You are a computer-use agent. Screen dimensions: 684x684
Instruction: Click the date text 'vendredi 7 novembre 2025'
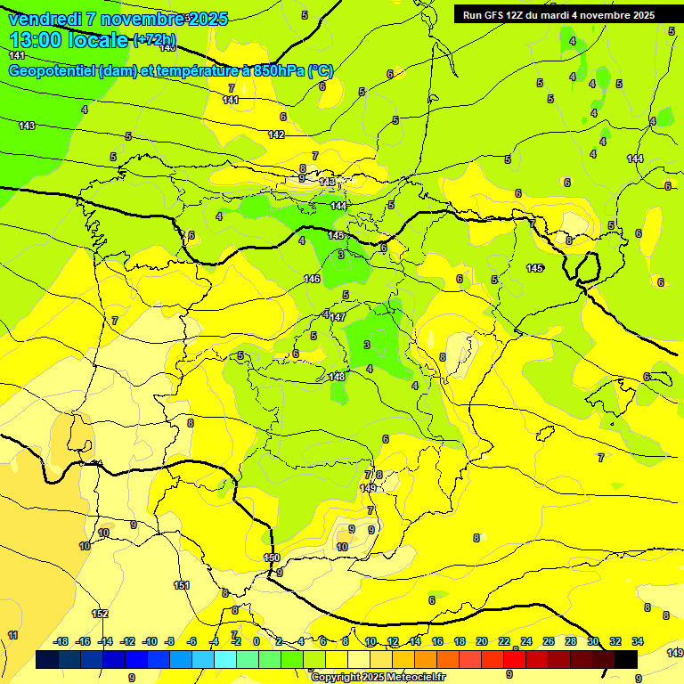point(118,19)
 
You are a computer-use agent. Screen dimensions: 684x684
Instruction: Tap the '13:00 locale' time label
point(69,39)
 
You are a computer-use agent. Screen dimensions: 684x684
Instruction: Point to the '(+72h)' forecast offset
point(154,39)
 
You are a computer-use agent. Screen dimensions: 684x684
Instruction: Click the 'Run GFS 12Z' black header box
point(558,14)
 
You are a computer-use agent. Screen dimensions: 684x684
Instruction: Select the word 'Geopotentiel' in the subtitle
point(53,71)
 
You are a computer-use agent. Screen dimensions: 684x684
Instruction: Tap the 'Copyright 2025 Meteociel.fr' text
point(378,677)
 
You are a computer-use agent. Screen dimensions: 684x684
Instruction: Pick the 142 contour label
point(276,134)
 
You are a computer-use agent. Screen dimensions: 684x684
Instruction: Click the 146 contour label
point(312,279)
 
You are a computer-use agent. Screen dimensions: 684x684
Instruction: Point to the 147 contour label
point(338,317)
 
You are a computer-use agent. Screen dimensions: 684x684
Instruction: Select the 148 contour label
point(336,377)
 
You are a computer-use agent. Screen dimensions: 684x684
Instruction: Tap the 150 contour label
point(273,558)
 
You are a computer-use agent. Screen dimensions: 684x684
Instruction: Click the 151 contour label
point(182,585)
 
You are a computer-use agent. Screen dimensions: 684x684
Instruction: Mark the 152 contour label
point(100,614)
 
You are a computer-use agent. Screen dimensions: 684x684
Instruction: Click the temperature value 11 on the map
point(12,635)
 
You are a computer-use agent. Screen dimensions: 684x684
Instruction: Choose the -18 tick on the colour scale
point(61,641)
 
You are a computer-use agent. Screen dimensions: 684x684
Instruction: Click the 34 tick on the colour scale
point(638,641)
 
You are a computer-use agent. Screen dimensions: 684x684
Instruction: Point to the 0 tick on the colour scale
point(256,641)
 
